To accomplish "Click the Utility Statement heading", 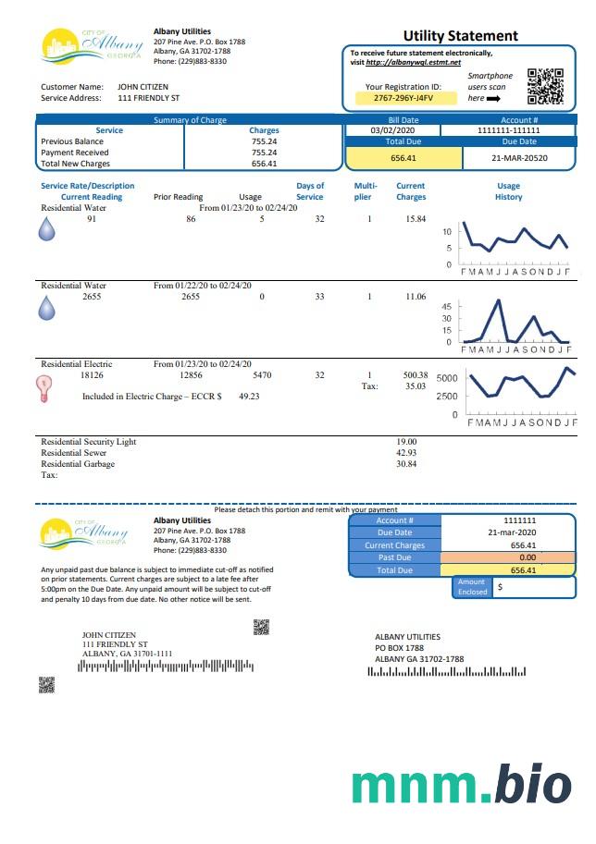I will click(x=460, y=36).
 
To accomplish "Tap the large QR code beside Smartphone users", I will click(x=545, y=86).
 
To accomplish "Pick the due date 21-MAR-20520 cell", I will click(x=519, y=158).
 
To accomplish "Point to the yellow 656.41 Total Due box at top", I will click(x=404, y=159).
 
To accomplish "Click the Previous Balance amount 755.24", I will click(x=264, y=141).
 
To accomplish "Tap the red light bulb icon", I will click(x=43, y=389).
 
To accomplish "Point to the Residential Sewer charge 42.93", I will click(x=406, y=453).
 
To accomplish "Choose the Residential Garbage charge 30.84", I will click(x=406, y=464).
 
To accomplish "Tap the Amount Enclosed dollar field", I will click(x=533, y=587).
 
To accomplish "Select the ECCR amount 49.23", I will click(x=249, y=396).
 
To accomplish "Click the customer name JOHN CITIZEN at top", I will click(x=143, y=87).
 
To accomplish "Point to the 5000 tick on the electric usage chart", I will click(x=446, y=379).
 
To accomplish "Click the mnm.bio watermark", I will click(x=461, y=783).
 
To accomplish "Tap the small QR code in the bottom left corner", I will click(x=46, y=685).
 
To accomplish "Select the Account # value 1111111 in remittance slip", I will click(x=519, y=520).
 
